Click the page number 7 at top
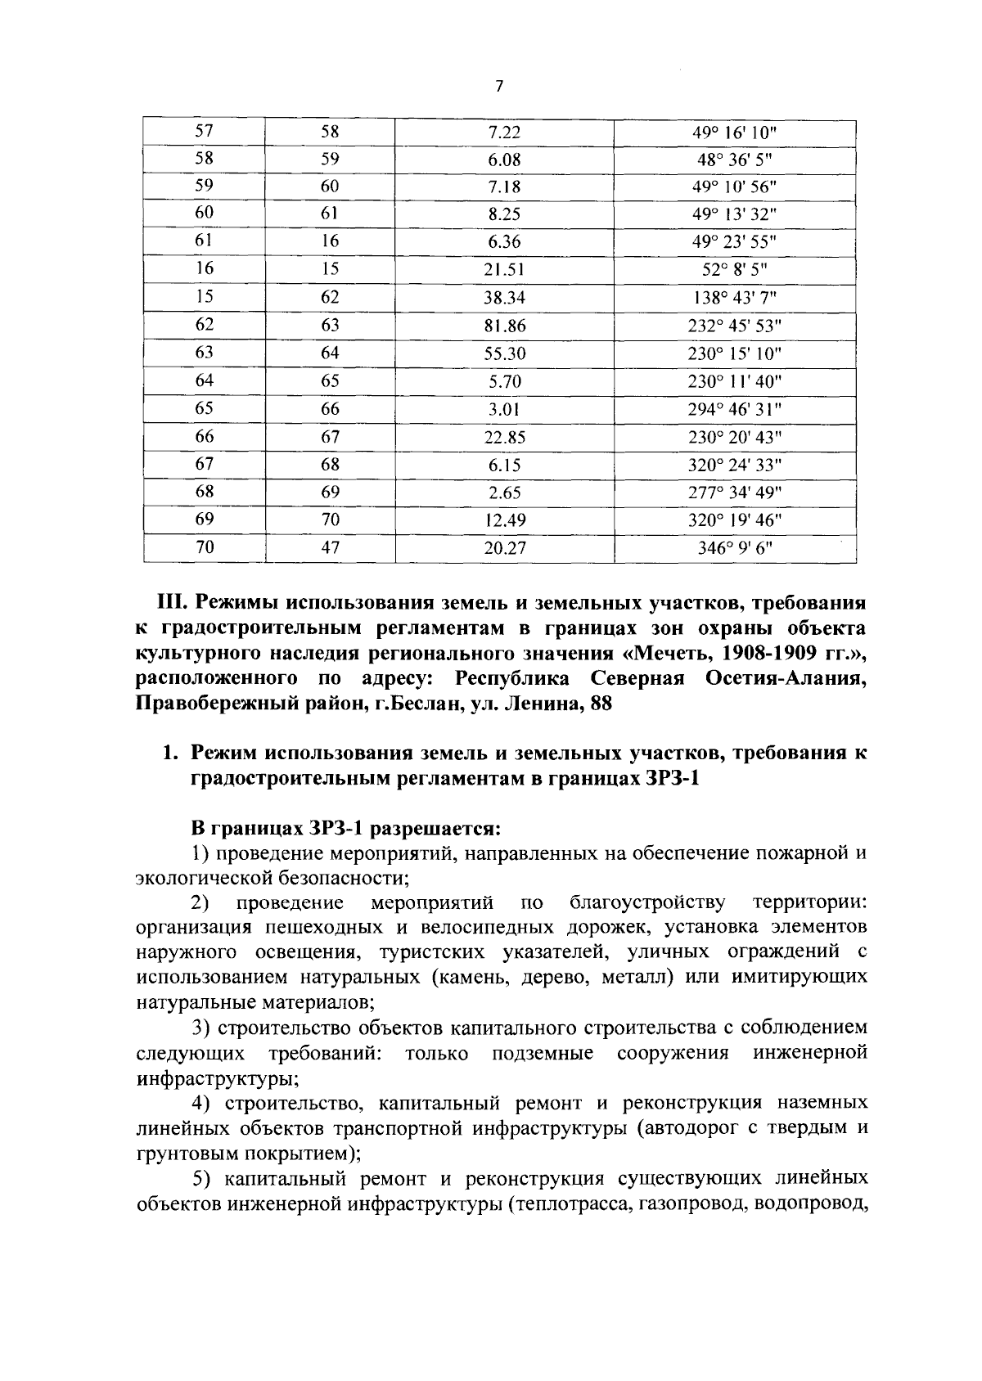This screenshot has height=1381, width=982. coord(498,88)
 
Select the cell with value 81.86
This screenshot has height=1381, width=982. coord(504,326)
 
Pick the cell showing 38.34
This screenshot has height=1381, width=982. coord(504,299)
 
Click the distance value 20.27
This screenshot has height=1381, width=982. coord(504,548)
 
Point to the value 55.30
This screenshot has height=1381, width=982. coord(504,354)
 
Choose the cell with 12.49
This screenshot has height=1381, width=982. coord(504,520)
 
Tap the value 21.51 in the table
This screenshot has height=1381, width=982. coord(504,270)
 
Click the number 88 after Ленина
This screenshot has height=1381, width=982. coord(601,704)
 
